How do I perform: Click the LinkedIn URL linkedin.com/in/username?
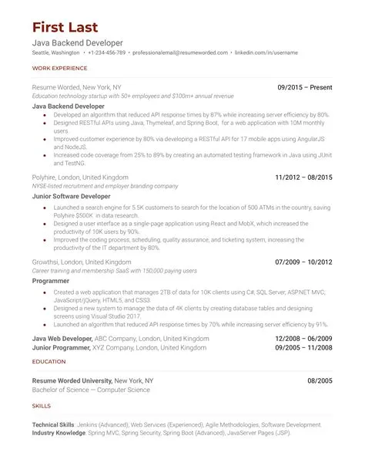(266, 52)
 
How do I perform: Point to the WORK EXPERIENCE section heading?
(59, 69)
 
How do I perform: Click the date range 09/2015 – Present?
(304, 88)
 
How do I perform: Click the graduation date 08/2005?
(320, 381)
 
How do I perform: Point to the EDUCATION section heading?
(48, 361)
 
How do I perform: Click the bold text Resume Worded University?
(72, 381)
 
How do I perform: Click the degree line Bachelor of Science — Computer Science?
(91, 390)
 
